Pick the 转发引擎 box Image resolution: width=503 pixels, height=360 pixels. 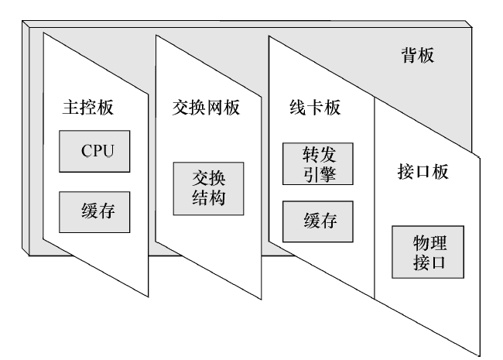pos(318,163)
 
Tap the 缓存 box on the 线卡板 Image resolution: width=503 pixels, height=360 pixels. pos(318,224)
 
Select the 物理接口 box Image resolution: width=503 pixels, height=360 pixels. pos(428,252)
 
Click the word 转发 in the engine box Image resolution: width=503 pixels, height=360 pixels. pos(318,154)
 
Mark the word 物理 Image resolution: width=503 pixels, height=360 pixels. pos(428,242)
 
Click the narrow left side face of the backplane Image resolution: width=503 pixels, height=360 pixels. pos(26,139)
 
